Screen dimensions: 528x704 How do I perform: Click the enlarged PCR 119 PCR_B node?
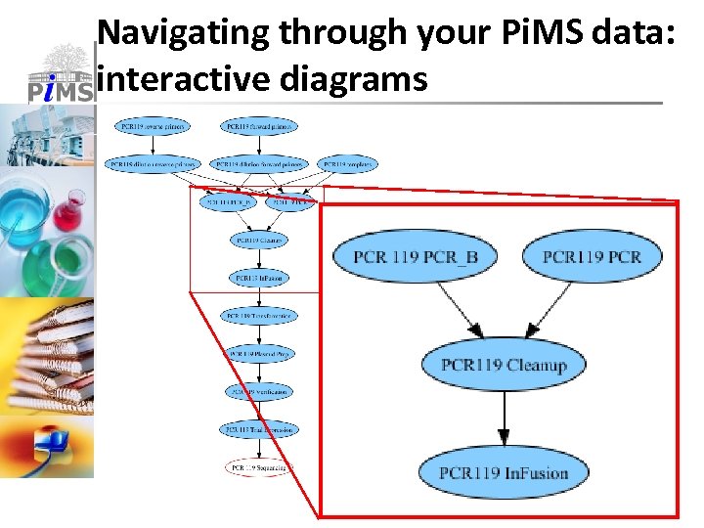click(414, 257)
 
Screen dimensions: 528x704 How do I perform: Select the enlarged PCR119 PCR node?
click(592, 257)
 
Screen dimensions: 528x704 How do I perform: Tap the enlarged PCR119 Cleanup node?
click(504, 365)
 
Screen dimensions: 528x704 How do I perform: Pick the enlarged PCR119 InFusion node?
click(504, 472)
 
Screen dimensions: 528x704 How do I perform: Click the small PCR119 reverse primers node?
click(154, 126)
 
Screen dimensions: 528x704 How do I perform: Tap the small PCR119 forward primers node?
click(260, 126)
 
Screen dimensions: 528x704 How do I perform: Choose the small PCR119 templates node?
click(347, 163)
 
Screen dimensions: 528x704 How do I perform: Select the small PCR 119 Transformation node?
click(259, 316)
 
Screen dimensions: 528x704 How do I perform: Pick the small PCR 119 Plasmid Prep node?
click(259, 353)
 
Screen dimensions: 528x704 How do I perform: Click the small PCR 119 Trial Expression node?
click(259, 429)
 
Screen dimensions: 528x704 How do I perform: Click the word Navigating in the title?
click(185, 33)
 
